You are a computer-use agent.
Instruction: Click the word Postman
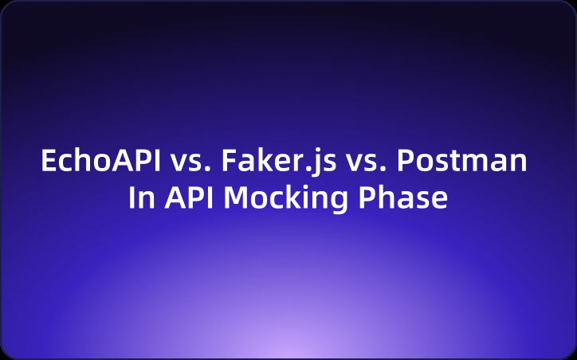click(461, 162)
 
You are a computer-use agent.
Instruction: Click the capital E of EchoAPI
click(49, 162)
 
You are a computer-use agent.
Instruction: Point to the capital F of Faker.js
click(228, 162)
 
